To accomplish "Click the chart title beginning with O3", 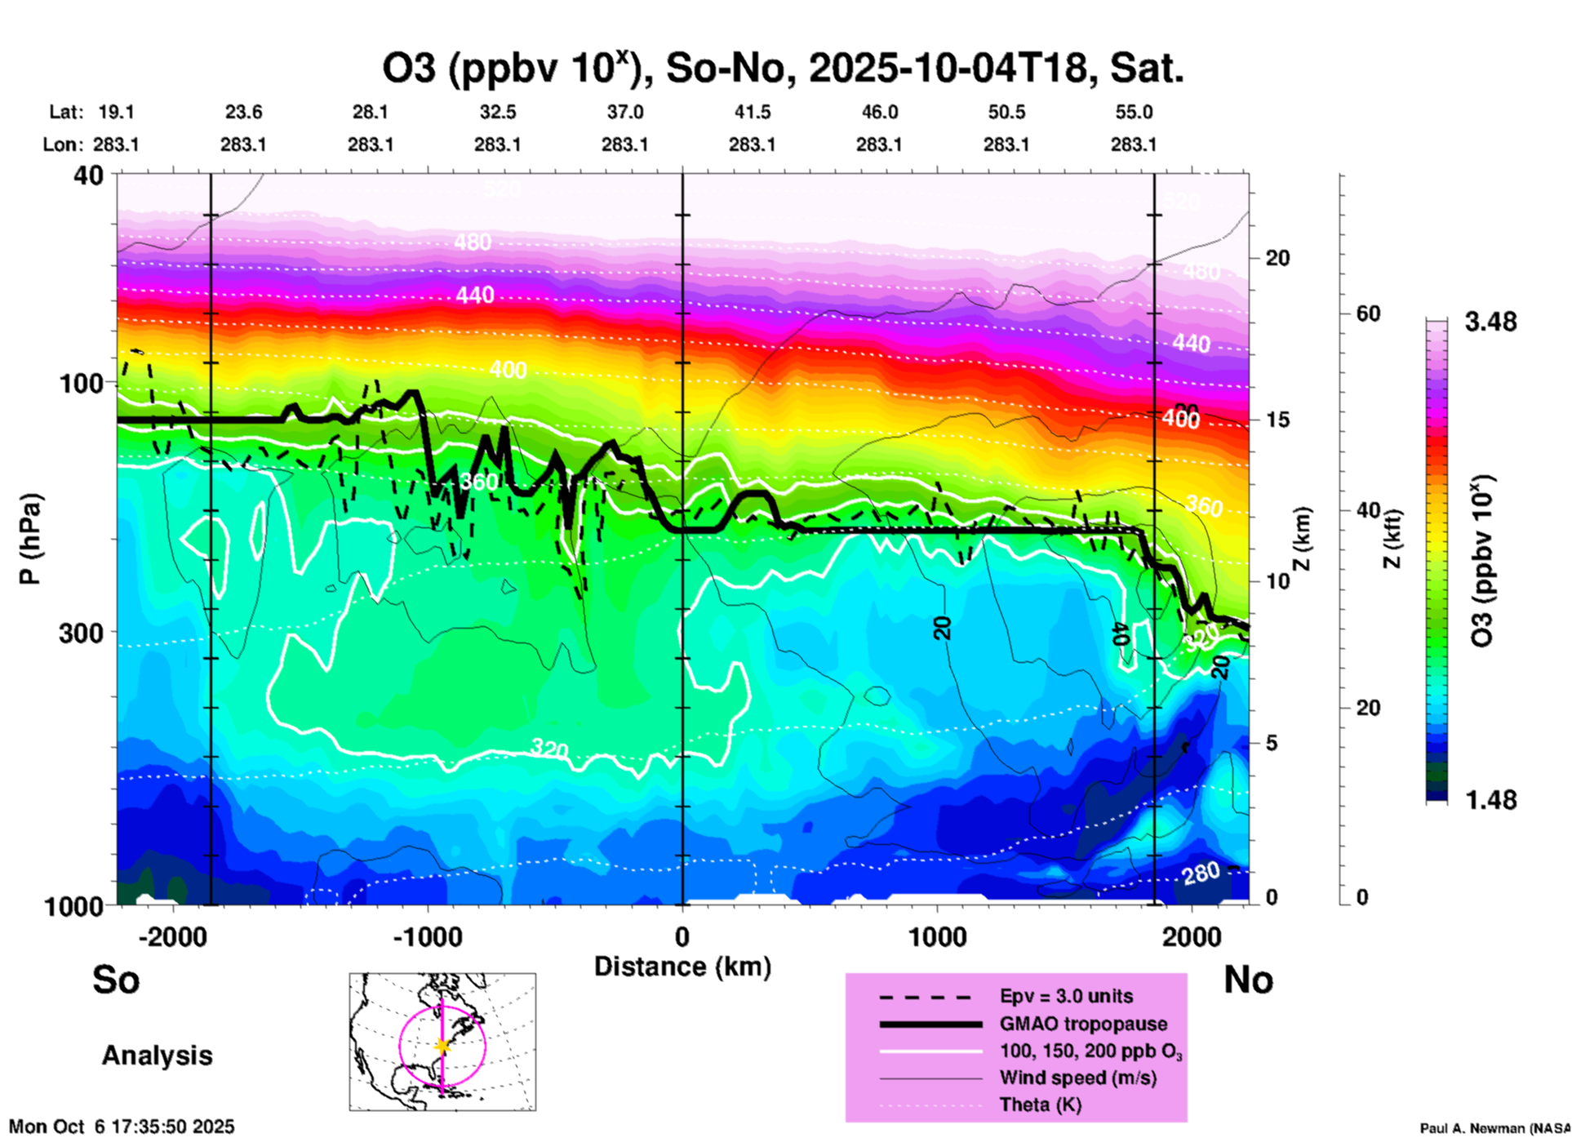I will click(782, 69).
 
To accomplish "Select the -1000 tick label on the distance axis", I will click(427, 936).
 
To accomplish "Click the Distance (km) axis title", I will click(682, 967).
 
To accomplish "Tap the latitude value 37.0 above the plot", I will click(624, 113).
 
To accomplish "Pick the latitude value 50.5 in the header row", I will click(1006, 113).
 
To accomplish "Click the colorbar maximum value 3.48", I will click(1490, 322).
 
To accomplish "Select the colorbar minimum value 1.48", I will click(1490, 800).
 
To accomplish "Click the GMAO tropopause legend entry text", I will click(1083, 1024).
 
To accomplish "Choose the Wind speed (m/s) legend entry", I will click(1077, 1078).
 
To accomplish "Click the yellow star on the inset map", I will click(442, 1046).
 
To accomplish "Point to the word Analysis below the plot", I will click(157, 1056).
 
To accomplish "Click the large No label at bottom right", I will click(1248, 980).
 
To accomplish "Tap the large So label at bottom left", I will click(116, 980).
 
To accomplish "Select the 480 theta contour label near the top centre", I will click(473, 242).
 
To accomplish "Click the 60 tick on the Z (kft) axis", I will click(1368, 314).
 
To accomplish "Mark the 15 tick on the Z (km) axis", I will click(1277, 420).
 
